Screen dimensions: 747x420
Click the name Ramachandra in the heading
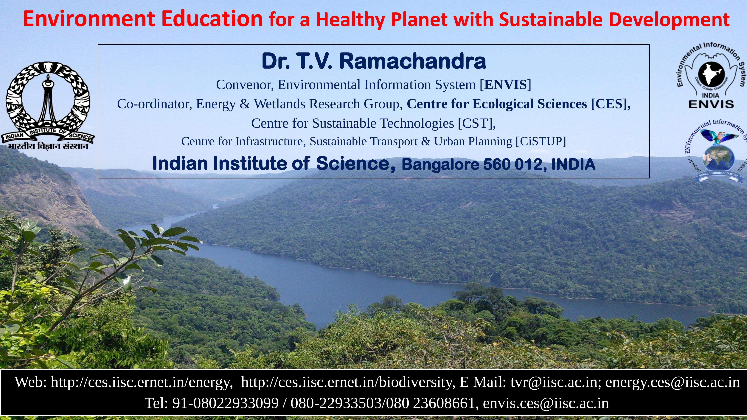412,61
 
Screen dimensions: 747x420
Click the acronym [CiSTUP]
541,141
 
